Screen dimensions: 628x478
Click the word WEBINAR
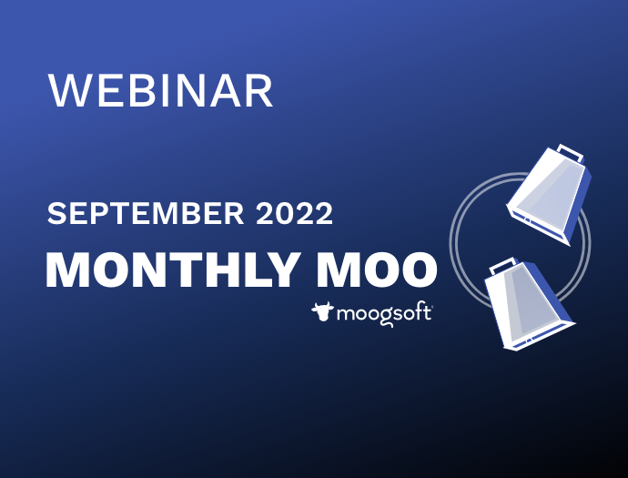click(160, 90)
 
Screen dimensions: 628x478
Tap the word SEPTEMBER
click(146, 213)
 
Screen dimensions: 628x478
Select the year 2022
click(294, 213)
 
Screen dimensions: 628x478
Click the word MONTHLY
click(174, 270)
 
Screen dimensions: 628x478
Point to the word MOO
click(378, 270)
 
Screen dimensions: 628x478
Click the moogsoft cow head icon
click(322, 311)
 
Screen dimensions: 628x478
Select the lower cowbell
click(529, 304)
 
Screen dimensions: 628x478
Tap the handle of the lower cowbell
click(502, 265)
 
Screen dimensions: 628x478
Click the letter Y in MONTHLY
click(284, 270)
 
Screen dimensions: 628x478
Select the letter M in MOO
click(336, 270)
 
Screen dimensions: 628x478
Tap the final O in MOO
click(419, 270)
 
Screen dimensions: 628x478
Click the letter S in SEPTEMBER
click(56, 213)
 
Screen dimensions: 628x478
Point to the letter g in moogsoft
click(385, 318)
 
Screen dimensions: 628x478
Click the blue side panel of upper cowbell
click(580, 204)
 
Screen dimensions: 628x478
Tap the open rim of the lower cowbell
click(539, 334)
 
